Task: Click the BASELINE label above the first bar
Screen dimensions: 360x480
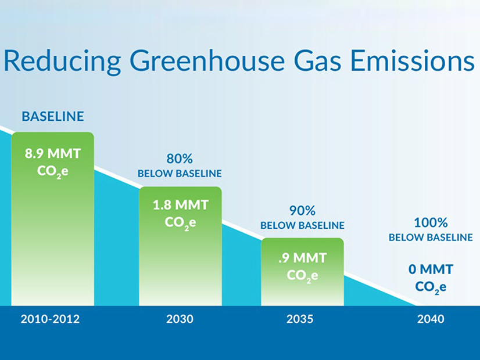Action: click(x=53, y=117)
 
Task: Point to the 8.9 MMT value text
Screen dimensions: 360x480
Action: click(x=52, y=154)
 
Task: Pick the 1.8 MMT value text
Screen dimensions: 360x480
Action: click(x=180, y=205)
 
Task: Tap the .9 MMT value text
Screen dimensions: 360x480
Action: click(x=302, y=257)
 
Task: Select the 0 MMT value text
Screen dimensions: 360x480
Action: click(x=431, y=269)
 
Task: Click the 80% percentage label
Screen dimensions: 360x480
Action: click(x=180, y=159)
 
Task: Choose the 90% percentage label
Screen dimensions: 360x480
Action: click(x=302, y=210)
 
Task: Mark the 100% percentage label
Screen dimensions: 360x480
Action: click(x=431, y=222)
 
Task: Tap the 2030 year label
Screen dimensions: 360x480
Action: click(x=180, y=319)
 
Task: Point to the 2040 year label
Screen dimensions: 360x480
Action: click(x=431, y=319)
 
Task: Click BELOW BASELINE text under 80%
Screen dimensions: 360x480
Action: click(x=180, y=174)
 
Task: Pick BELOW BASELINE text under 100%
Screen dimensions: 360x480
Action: click(x=431, y=237)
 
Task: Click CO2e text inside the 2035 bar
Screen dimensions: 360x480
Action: click(x=302, y=275)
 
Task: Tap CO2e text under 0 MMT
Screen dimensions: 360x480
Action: click(x=431, y=287)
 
